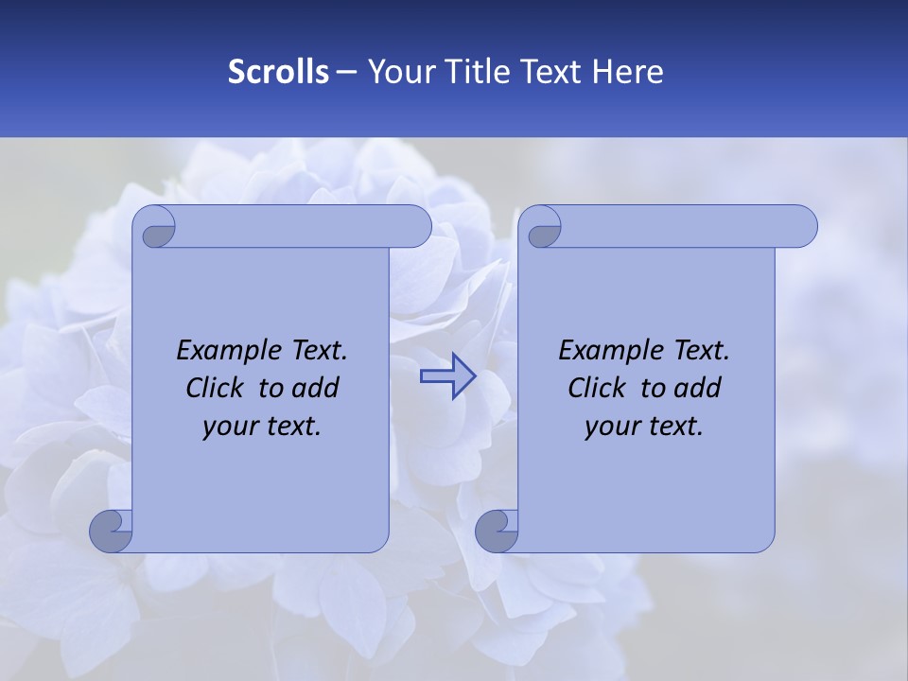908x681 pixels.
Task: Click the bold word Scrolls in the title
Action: click(279, 72)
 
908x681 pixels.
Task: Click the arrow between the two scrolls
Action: click(447, 376)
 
